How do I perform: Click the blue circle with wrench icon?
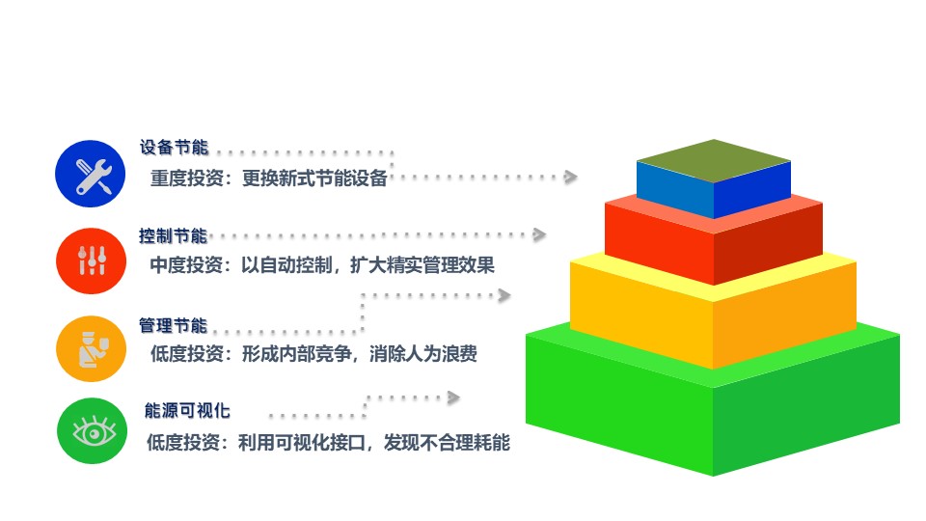pos(91,174)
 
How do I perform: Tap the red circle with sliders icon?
pos(91,260)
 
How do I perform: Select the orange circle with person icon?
pos(92,348)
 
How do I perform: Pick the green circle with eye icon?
pos(93,430)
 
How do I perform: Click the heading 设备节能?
pos(175,147)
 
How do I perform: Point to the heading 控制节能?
pos(173,235)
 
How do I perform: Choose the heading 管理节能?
pos(173,325)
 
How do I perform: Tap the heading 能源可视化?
pos(187,410)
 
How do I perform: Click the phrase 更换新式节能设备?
pos(314,178)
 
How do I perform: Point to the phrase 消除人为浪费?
pos(423,353)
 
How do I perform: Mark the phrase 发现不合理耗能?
pos(447,442)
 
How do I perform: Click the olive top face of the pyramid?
pos(714,161)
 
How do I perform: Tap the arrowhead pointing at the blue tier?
pos(570,177)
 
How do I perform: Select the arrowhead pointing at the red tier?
pos(539,234)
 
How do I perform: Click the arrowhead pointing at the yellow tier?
pos(504,295)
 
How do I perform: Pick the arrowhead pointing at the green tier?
pos(453,398)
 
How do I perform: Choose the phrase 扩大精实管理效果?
pos(422,264)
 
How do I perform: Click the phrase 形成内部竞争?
pos(296,353)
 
